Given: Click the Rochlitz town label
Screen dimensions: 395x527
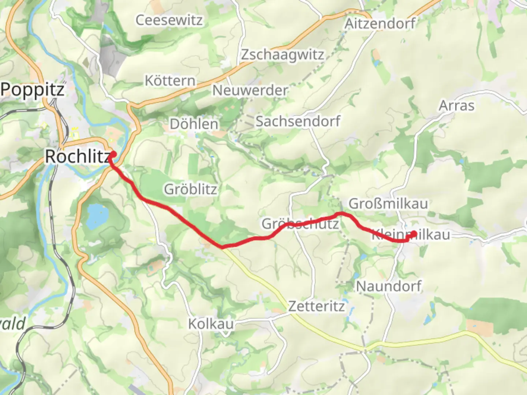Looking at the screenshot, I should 77,157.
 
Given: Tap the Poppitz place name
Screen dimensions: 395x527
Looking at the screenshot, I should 33,90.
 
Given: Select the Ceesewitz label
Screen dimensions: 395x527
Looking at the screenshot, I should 169,20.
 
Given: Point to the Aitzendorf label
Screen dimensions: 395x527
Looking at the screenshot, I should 380,24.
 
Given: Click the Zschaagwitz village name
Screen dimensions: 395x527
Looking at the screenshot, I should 282,55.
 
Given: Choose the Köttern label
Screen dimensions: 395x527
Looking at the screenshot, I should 170,81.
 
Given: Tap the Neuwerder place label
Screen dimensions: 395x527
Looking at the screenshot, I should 250,90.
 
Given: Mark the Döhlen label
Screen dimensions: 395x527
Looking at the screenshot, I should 194,124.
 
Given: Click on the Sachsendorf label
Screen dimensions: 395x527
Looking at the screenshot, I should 298,121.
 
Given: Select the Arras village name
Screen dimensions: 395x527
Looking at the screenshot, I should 456,106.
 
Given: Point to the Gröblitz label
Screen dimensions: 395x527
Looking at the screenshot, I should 190,189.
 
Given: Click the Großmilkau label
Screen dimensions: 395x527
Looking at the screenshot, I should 388,203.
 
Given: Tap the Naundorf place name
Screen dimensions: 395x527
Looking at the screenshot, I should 389,286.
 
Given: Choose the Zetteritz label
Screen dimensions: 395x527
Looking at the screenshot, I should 316,306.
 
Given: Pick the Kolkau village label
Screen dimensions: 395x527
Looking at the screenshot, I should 211,324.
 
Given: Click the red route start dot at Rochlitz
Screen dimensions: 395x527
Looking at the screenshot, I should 113,154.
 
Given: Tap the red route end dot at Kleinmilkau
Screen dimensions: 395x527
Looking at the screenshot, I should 414,234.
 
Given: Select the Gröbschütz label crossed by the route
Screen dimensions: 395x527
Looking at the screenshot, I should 300,223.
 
